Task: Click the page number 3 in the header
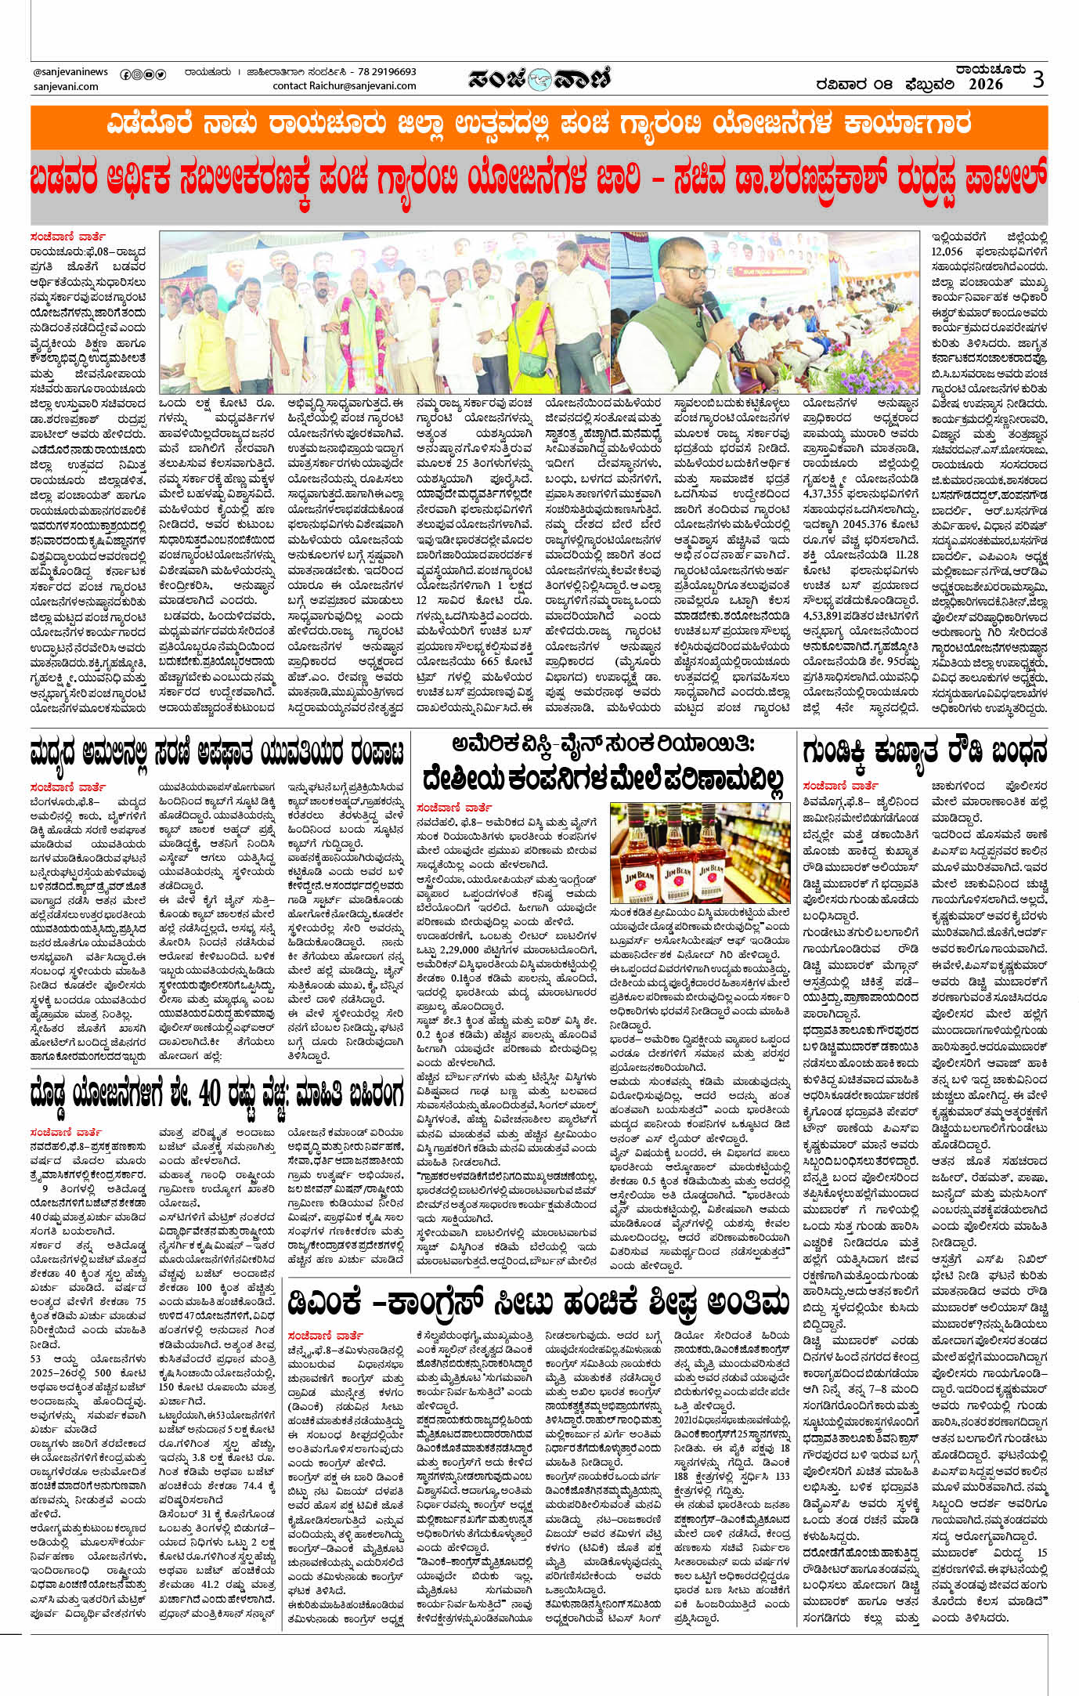click(1037, 79)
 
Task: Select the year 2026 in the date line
click(984, 85)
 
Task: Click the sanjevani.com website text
click(66, 86)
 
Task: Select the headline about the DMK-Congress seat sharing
click(539, 1302)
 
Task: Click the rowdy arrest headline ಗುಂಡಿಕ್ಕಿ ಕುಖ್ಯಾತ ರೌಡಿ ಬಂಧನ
click(924, 752)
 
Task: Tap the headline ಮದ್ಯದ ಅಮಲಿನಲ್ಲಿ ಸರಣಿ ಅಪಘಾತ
click(218, 752)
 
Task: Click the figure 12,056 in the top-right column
click(947, 251)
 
